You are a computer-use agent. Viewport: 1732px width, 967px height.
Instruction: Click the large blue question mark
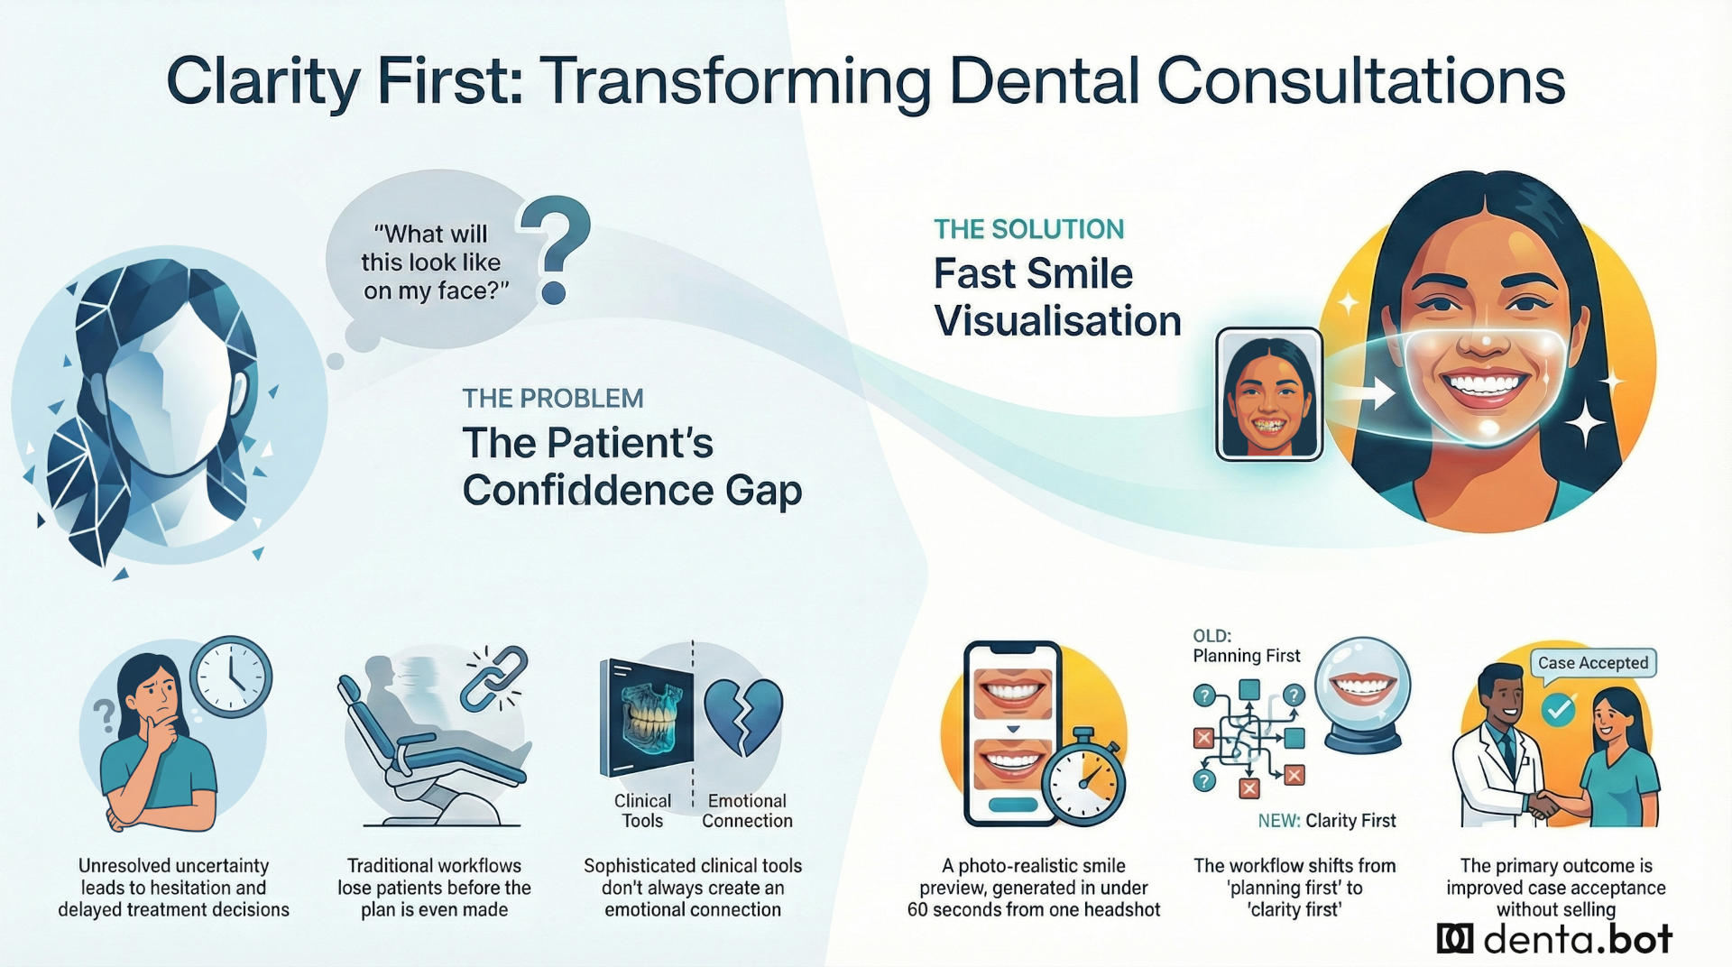coord(556,245)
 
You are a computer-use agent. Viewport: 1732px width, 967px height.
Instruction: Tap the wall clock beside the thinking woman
coord(231,677)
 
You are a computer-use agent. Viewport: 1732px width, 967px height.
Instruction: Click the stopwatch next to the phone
coord(1083,778)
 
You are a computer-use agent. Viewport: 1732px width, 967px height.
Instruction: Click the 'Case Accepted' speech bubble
coord(1592,663)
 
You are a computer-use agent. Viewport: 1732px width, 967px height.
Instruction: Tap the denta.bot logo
coord(1554,939)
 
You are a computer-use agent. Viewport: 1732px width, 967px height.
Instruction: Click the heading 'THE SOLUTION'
coord(1028,229)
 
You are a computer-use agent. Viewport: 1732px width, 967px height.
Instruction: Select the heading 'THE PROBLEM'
coord(553,398)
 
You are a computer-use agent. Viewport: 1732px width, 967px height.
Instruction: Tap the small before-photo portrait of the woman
coord(1268,394)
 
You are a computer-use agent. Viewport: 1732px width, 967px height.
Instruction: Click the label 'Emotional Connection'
coord(747,810)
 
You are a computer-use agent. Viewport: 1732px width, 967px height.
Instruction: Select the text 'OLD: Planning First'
coord(1246,646)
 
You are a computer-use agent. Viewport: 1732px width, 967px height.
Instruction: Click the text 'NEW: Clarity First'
coord(1326,820)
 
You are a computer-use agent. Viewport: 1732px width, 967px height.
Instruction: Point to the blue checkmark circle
coord(1558,711)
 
